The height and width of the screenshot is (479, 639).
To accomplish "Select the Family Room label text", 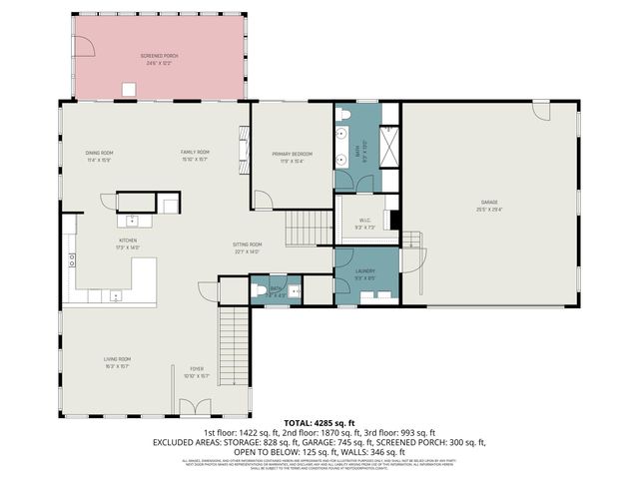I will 195,156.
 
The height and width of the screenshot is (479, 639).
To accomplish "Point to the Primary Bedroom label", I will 292,156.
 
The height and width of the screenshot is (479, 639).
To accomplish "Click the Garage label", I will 488,207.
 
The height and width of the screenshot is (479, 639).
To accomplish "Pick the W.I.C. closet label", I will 363,223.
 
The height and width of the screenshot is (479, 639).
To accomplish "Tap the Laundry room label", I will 364,272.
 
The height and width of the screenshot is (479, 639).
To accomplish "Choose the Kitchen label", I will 128,242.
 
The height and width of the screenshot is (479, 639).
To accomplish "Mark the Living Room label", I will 118,361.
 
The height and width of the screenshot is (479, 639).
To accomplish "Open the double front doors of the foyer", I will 196,407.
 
